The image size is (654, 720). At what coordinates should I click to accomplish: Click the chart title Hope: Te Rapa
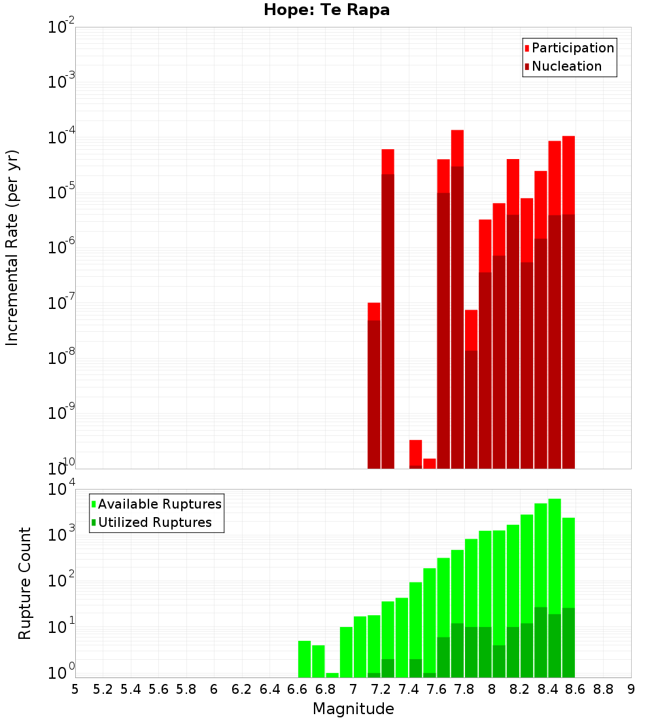click(326, 10)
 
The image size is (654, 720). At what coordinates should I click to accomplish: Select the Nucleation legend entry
click(566, 66)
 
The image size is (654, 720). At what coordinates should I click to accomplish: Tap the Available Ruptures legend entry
click(159, 504)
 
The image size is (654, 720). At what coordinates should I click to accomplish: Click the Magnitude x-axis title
click(353, 709)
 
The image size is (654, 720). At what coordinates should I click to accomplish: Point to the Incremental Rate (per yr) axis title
click(12, 247)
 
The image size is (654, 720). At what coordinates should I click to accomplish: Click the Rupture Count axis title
click(25, 583)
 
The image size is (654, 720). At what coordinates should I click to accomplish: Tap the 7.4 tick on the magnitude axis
click(409, 689)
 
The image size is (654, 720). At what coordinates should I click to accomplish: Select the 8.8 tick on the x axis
click(603, 689)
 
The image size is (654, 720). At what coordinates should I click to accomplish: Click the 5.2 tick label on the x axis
click(103, 689)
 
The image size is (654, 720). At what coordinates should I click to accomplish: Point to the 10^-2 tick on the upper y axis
click(61, 27)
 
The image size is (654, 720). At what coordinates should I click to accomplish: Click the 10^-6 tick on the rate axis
click(61, 248)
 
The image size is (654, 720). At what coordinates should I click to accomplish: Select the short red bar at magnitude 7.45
click(415, 452)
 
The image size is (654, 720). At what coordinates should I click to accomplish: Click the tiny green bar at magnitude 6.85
click(332, 675)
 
